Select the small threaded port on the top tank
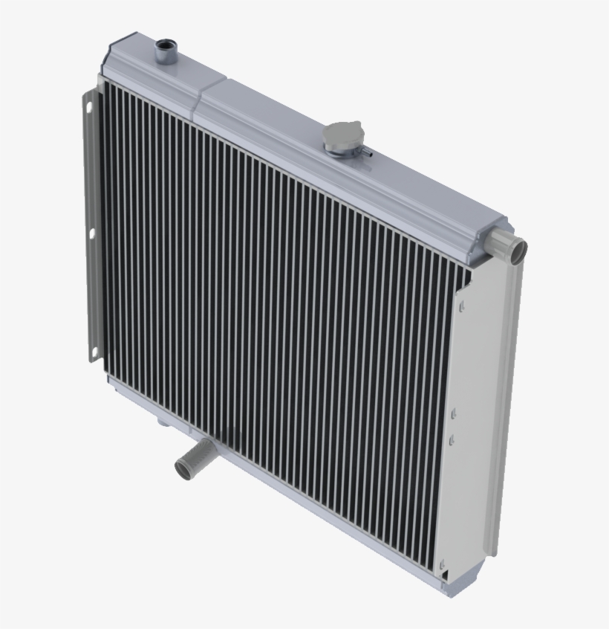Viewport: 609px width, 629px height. point(163,52)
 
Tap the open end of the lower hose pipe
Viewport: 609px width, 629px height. point(182,468)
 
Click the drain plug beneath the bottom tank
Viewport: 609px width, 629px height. point(160,424)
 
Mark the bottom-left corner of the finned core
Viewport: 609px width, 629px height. point(111,376)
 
